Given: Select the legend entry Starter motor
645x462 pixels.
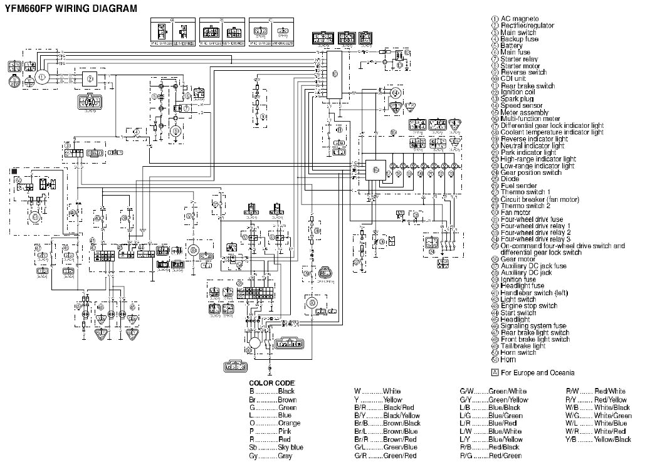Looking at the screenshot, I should (520, 65).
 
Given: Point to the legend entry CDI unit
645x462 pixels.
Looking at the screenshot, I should (515, 79).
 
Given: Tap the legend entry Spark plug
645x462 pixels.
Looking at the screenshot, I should (517, 99).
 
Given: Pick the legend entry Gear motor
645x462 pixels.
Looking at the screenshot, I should (517, 259).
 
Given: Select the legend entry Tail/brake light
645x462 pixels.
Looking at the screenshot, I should (523, 346).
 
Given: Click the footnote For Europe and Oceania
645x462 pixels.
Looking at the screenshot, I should (533, 372).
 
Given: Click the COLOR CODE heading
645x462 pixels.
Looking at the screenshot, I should (271, 383).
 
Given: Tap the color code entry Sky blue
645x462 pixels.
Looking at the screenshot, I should (291, 448).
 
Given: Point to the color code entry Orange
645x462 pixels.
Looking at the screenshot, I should (289, 424).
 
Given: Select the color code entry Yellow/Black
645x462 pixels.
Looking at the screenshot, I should (612, 440).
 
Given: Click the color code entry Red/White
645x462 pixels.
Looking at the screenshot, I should (610, 391).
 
